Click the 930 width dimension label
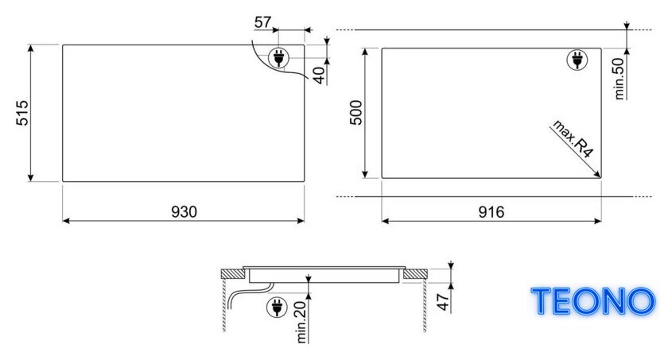click(184, 211)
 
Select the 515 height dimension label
click(22, 113)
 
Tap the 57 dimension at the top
click(262, 22)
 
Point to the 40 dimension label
click(318, 75)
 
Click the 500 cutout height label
click(355, 113)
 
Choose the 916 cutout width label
click(491, 211)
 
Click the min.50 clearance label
click(619, 79)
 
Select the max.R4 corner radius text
click(573, 139)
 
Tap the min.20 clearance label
click(301, 322)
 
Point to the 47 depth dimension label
click(444, 302)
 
